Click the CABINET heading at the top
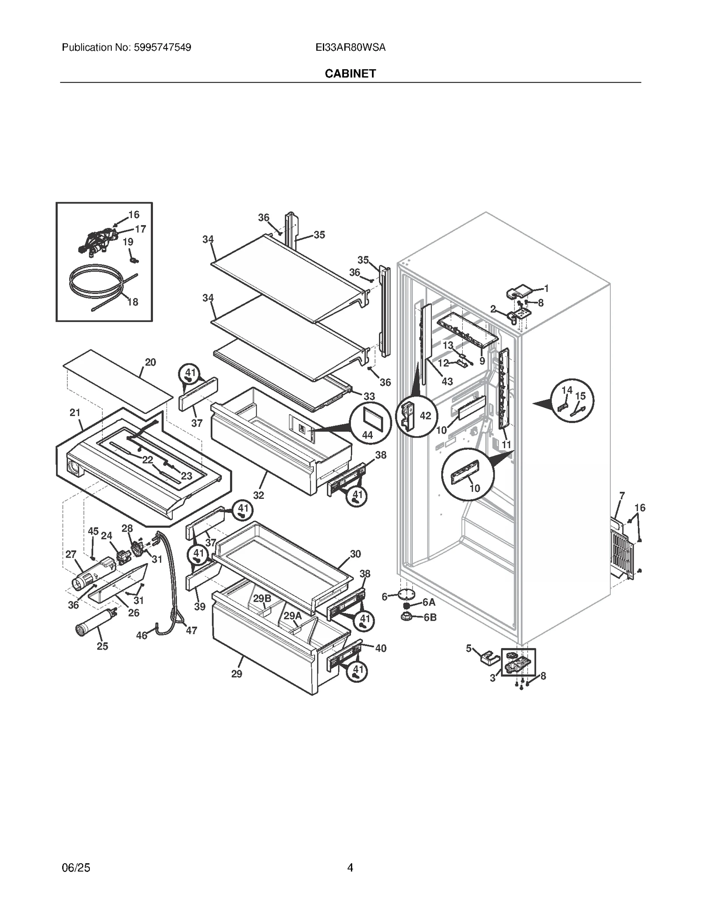click(x=350, y=74)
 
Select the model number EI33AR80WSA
click(x=350, y=47)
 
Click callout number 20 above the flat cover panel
click(x=150, y=362)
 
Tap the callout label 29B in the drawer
click(x=262, y=598)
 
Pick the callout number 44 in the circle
click(x=367, y=435)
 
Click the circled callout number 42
click(x=425, y=416)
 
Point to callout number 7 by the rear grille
click(x=622, y=496)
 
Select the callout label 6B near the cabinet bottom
click(x=430, y=618)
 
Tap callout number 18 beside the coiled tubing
click(x=132, y=302)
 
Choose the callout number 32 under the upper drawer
click(x=258, y=495)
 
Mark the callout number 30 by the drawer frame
click(x=355, y=554)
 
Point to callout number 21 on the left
click(x=75, y=412)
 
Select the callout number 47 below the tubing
click(x=191, y=630)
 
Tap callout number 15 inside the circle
click(x=580, y=396)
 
